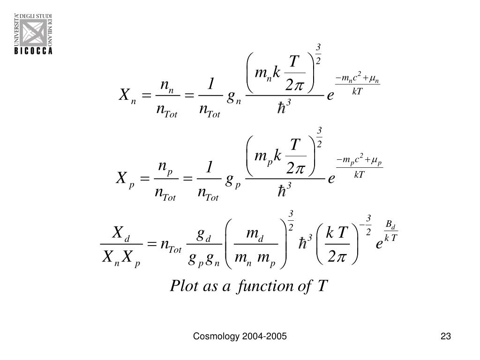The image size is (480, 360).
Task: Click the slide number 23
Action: click(445, 336)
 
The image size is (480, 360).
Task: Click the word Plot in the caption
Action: click(185, 285)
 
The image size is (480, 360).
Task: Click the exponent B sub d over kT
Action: click(390, 232)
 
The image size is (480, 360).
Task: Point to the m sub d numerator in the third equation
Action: click(255, 234)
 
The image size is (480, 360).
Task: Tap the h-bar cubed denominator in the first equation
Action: click(285, 106)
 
